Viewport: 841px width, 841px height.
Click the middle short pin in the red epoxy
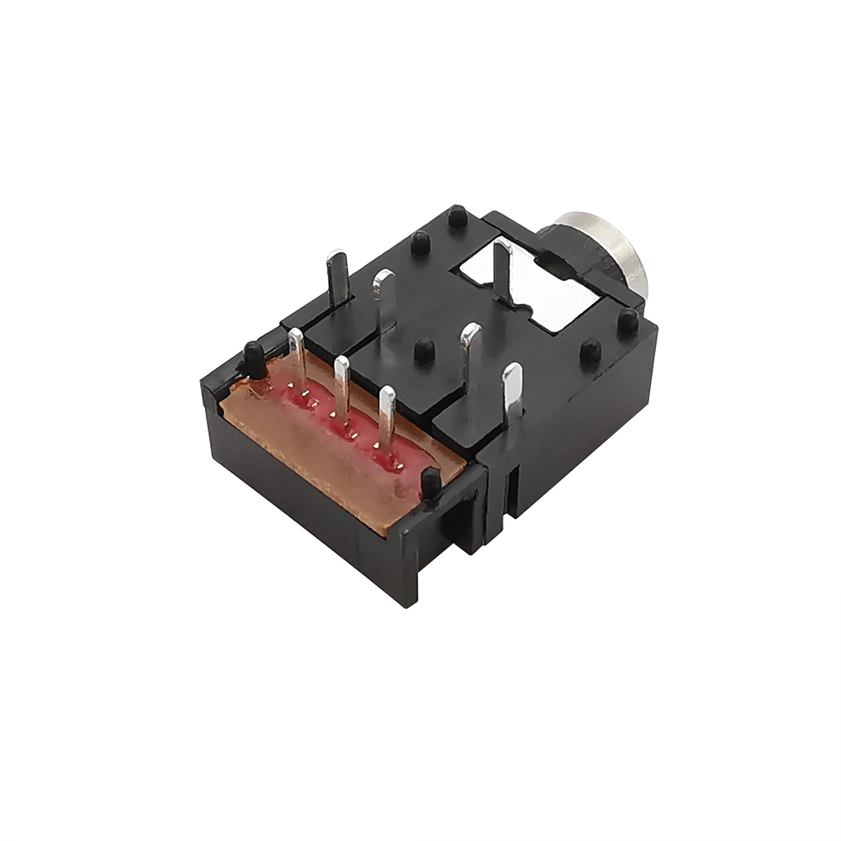tap(341, 387)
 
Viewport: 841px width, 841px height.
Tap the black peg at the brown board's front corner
tap(430, 484)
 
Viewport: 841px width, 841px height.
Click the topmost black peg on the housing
tap(457, 215)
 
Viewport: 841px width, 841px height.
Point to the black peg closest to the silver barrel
tap(627, 319)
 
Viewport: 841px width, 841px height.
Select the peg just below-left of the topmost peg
tap(417, 245)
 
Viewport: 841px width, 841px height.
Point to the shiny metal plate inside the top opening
tap(547, 294)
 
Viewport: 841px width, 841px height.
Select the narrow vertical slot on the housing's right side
tap(510, 496)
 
